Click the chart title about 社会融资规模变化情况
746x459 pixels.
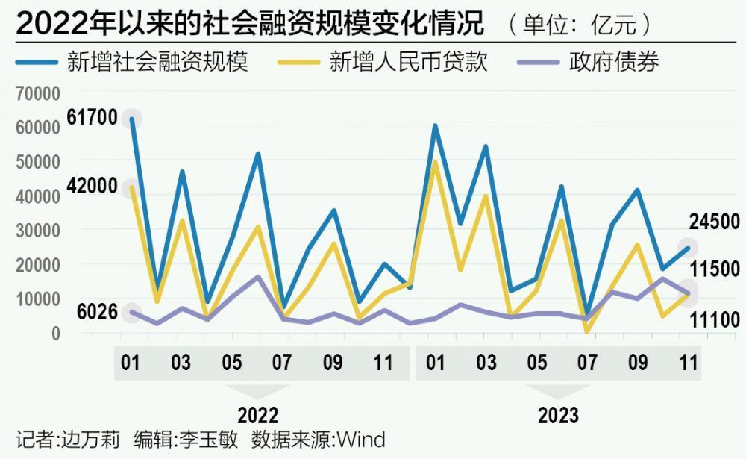pos(250,24)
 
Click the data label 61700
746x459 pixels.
pos(92,118)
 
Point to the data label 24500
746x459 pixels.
pos(714,222)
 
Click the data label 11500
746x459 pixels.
pos(714,269)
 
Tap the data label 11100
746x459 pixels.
pos(714,321)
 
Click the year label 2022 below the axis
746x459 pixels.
pos(257,415)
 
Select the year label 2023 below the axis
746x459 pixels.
pos(558,415)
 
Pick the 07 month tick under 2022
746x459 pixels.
pos(282,363)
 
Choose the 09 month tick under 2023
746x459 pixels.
pos(637,363)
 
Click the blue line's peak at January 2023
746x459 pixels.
pos(435,125)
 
